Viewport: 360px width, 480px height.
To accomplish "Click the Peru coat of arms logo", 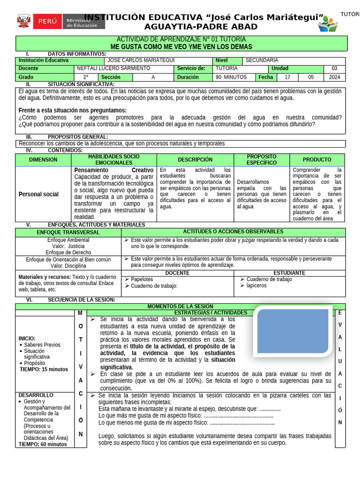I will tap(24, 22).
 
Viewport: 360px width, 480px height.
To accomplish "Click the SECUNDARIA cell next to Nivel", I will tap(262, 60).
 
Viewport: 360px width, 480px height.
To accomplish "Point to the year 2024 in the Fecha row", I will tap(335, 77).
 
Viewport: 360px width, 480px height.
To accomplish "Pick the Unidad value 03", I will tap(334, 68).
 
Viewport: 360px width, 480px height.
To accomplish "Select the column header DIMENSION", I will tap(43, 160).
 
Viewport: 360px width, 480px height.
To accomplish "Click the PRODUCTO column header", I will tap(317, 160).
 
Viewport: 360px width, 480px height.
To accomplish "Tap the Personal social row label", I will tap(38, 194).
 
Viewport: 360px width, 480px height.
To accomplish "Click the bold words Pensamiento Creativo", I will tap(113, 170).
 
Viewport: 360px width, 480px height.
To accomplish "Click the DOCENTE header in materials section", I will tap(178, 273).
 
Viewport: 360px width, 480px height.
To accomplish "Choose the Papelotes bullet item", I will tap(142, 279).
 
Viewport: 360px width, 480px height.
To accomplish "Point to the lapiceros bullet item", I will tap(256, 285).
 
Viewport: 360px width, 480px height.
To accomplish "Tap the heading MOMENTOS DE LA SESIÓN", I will tap(180, 306).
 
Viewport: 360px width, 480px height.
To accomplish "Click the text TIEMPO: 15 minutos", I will tap(44, 369).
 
